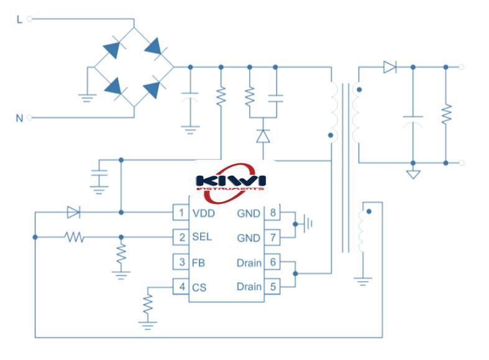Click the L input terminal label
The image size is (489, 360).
coord(19,19)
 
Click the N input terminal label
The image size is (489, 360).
coord(19,118)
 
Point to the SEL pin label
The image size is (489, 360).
coord(201,237)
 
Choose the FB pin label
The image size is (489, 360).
coord(198,262)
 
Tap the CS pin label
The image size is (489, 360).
coord(199,287)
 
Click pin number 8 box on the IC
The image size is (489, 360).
coord(272,213)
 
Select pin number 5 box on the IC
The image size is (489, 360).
coord(272,287)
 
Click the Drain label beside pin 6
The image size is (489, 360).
coord(249,262)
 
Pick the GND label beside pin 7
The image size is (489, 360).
coord(249,237)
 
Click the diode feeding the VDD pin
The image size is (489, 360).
coord(73,213)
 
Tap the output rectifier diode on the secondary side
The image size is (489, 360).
coord(390,67)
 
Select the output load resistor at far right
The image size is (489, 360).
coord(446,114)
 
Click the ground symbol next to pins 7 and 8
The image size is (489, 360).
coord(305,223)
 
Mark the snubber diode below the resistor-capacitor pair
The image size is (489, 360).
coord(263,135)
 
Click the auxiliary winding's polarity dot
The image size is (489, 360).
coord(369,211)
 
